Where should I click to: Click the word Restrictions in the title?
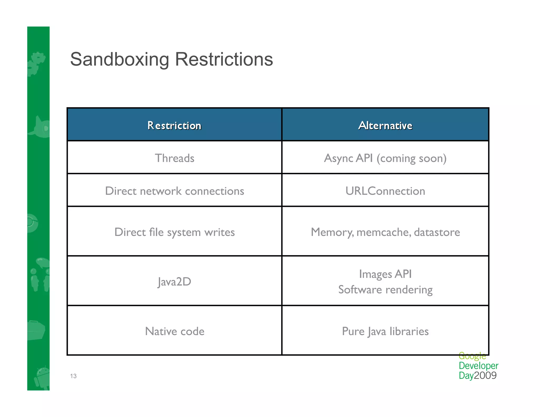click(x=224, y=60)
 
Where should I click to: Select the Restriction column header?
click(x=174, y=125)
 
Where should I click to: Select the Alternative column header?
click(x=385, y=125)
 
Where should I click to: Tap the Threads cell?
click(x=174, y=158)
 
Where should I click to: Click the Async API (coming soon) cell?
click(x=385, y=158)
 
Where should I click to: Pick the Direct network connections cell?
click(x=174, y=191)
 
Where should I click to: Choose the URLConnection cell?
click(x=385, y=191)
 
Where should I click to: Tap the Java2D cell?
click(x=174, y=282)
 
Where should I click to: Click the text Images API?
click(x=385, y=274)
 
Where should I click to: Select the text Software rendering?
click(x=385, y=289)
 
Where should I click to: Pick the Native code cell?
click(x=174, y=331)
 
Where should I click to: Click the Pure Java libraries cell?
click(x=385, y=331)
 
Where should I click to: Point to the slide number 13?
click(x=73, y=376)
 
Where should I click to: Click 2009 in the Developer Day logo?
click(x=485, y=375)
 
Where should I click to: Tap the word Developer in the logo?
click(x=478, y=366)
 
